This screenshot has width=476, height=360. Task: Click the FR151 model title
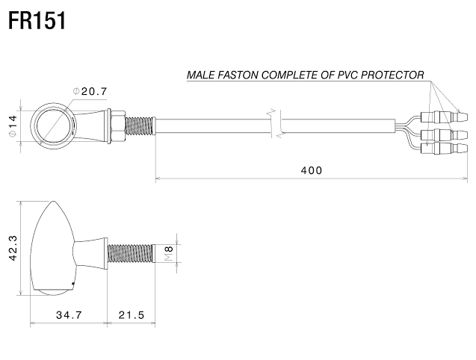point(37,21)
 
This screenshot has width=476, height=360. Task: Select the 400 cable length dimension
point(312,170)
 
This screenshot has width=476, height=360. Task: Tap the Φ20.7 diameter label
point(90,91)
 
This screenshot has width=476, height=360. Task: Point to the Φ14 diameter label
point(13,126)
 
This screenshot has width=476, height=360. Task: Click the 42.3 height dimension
point(13,248)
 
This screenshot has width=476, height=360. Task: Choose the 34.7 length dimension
point(69,314)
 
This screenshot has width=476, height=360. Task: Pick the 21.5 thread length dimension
point(132,314)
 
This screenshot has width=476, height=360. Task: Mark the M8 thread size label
point(169,253)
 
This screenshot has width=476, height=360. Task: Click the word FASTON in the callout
point(238,75)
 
